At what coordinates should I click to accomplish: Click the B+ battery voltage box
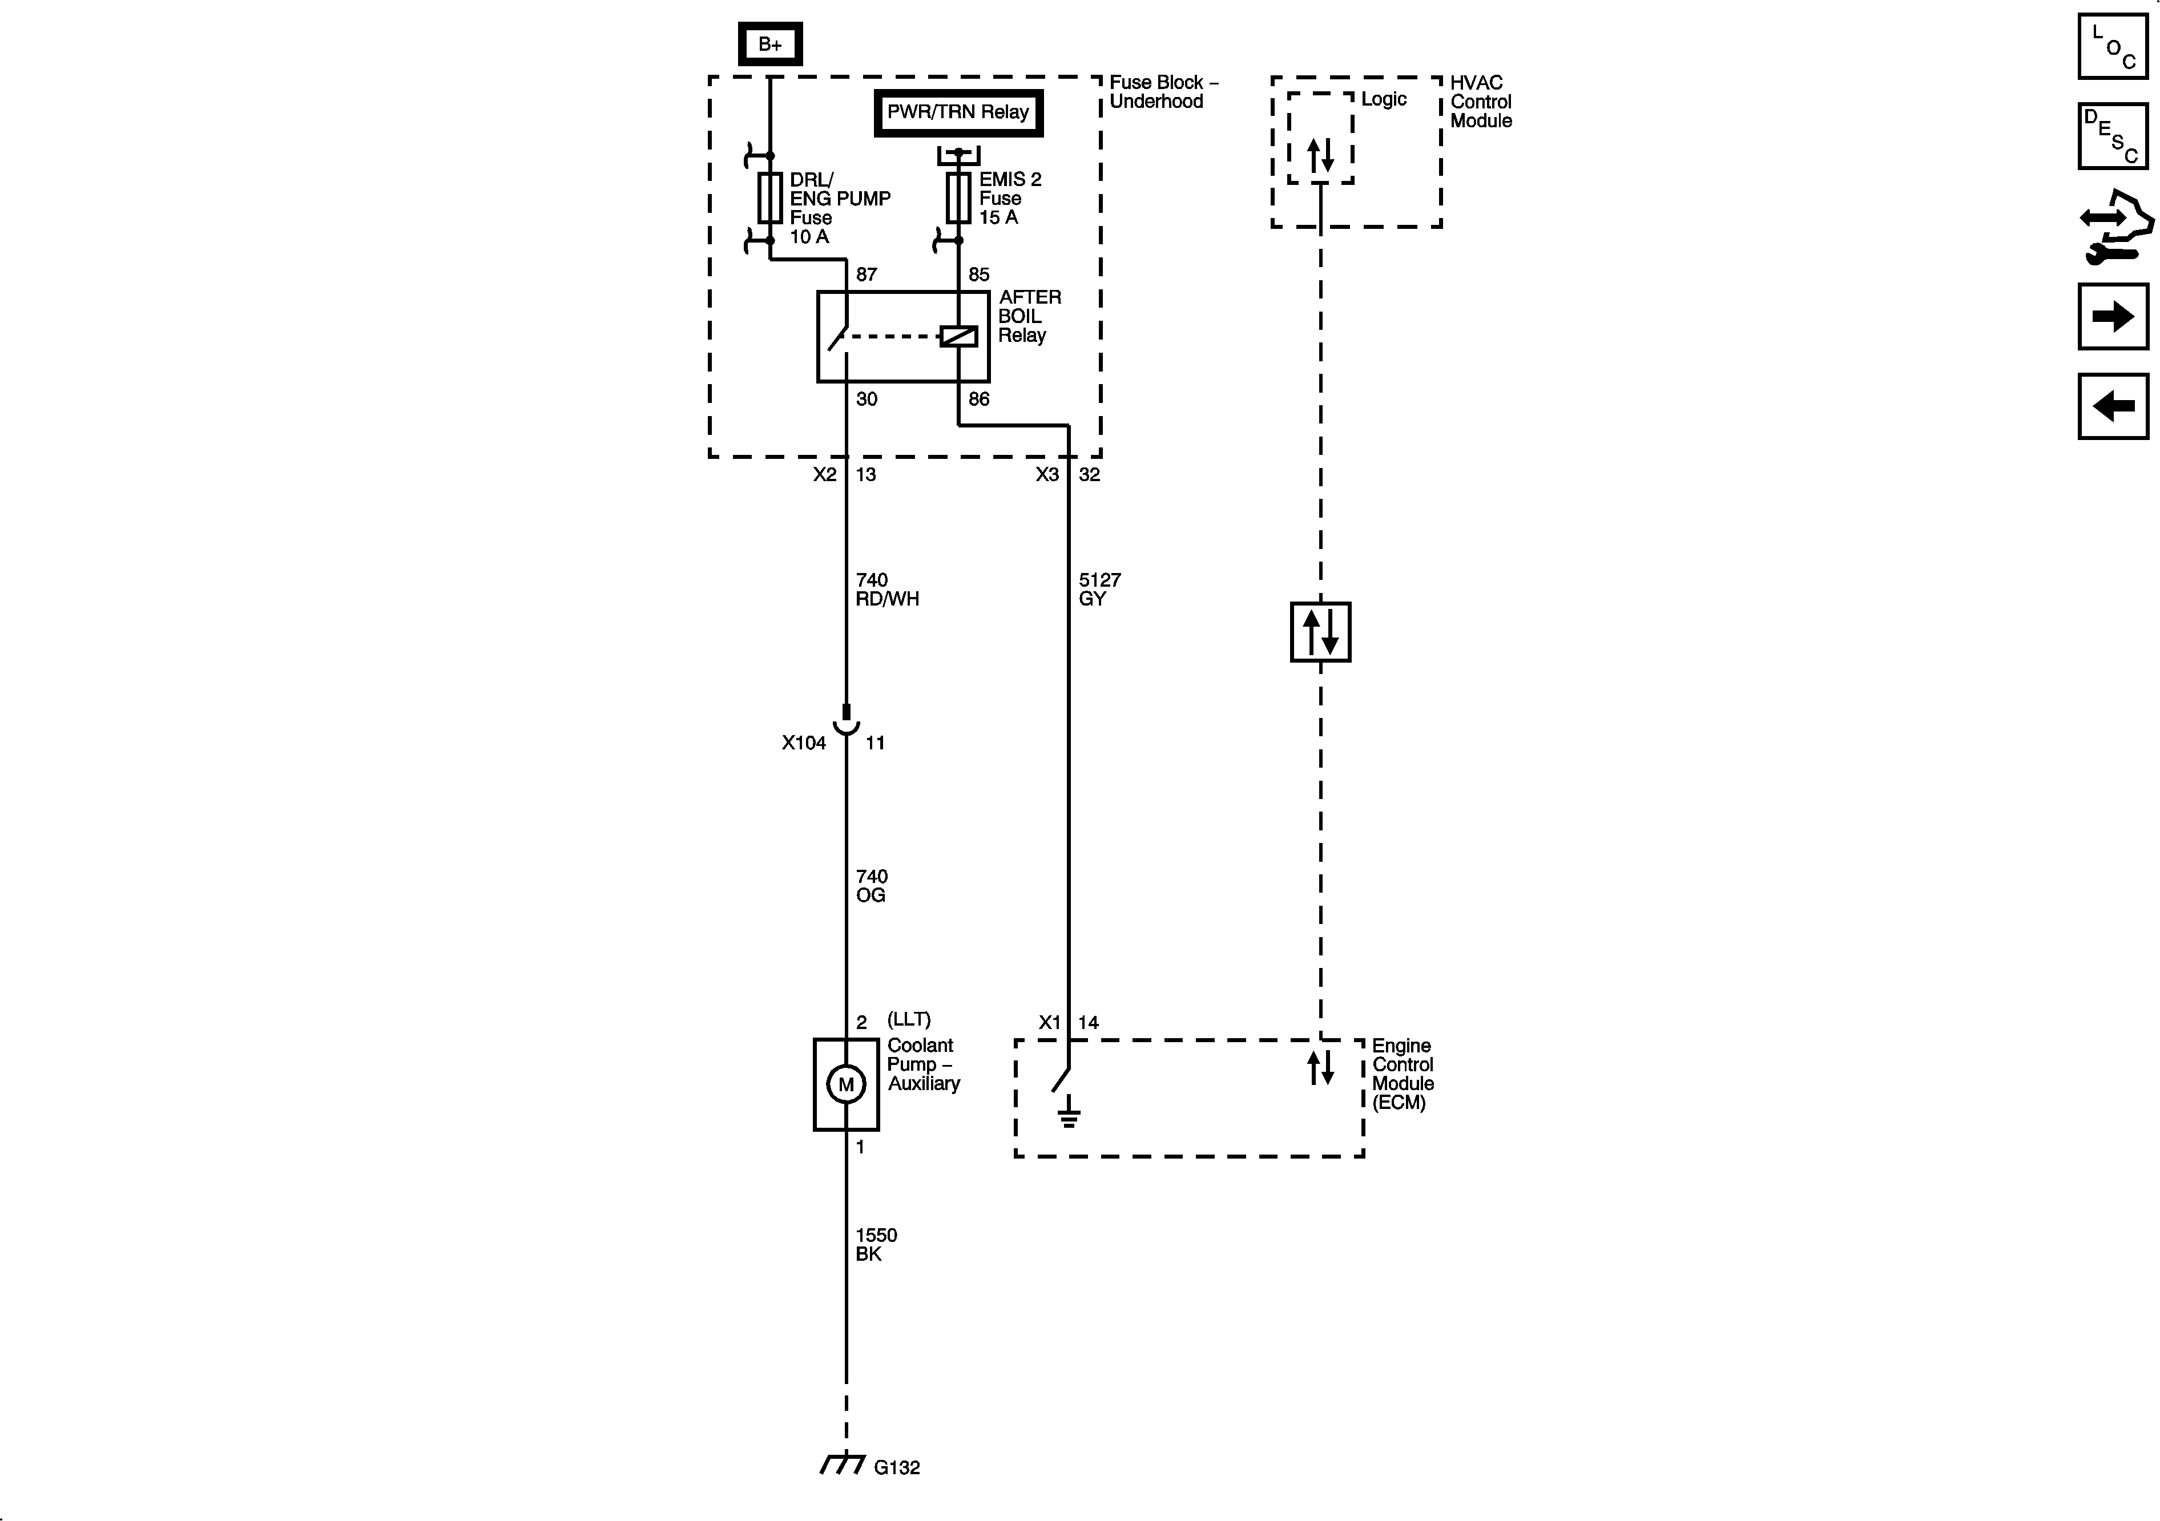point(769,44)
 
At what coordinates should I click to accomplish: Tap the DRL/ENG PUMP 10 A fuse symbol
point(769,197)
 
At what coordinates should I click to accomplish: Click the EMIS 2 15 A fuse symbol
point(958,197)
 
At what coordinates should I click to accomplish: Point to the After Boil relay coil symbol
point(958,336)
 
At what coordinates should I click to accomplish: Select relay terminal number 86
point(978,399)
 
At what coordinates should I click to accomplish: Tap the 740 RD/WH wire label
point(886,589)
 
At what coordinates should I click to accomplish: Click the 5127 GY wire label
point(1099,589)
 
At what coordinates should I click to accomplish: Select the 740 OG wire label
point(871,885)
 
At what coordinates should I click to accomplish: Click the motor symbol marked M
point(846,1084)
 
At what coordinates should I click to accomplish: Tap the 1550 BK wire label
point(875,1244)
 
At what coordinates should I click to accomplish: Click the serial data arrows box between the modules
point(1320,632)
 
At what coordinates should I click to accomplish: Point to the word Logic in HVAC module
point(1383,99)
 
